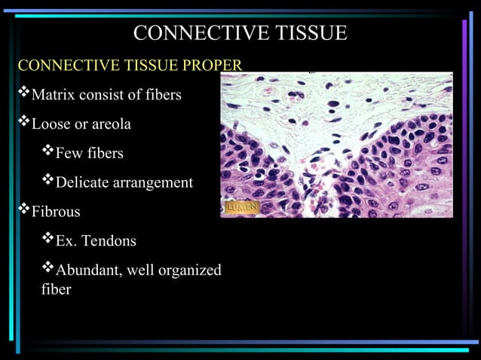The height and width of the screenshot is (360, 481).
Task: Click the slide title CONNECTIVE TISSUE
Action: pos(240,33)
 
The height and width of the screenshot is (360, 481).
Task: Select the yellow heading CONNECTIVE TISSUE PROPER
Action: pos(130,66)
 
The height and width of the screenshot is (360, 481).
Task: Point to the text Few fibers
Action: pos(89,154)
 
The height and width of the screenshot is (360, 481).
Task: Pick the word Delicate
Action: pos(82,183)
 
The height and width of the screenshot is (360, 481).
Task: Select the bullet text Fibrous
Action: pos(55,212)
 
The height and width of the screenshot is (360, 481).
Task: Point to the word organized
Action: pos(191,270)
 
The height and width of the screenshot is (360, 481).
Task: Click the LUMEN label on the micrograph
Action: pos(242,206)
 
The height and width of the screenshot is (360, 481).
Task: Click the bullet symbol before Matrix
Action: pos(23,95)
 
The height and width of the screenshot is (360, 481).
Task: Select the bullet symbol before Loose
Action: pos(23,124)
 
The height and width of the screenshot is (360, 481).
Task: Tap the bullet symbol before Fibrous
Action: pos(23,211)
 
